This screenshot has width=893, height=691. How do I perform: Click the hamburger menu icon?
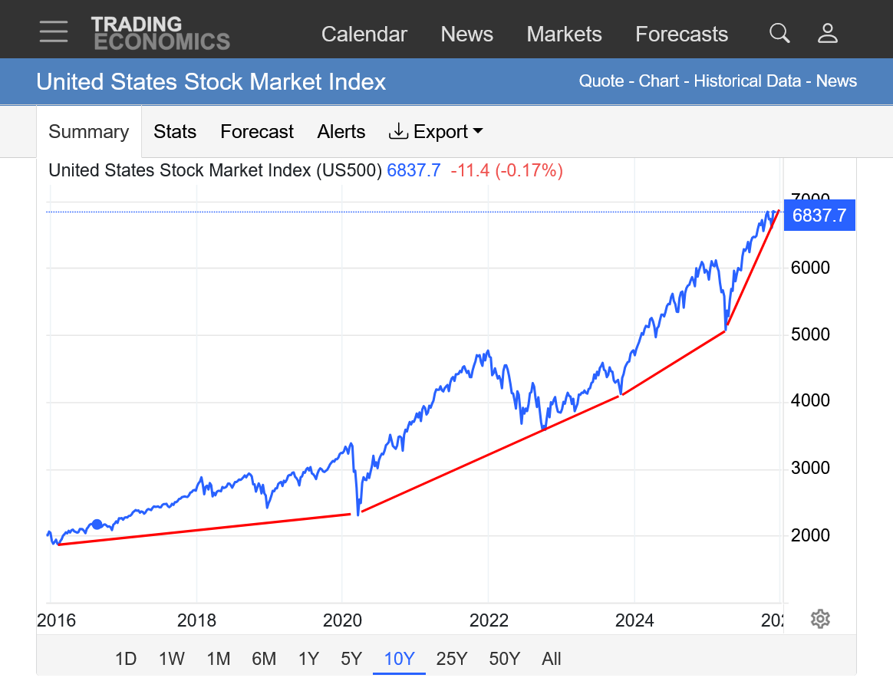pyautogui.click(x=54, y=32)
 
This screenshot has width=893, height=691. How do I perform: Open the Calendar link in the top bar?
pyautogui.click(x=364, y=35)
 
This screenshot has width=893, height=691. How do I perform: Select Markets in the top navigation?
pyautogui.click(x=564, y=35)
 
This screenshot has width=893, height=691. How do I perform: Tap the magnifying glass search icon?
pyautogui.click(x=779, y=33)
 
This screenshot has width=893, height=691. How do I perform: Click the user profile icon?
pyautogui.click(x=827, y=33)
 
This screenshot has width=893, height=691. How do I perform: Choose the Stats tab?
pyautogui.click(x=175, y=132)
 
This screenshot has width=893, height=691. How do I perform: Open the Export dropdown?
pyautogui.click(x=436, y=132)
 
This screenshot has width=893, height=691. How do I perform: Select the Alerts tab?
pyautogui.click(x=341, y=132)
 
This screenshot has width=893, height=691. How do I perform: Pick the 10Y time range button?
pyautogui.click(x=399, y=659)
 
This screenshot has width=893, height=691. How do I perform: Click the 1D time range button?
pyautogui.click(x=126, y=659)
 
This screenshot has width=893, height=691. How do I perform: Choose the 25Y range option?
pyautogui.click(x=451, y=659)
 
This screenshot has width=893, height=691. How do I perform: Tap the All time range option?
pyautogui.click(x=551, y=659)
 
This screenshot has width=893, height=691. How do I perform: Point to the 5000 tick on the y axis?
pyautogui.click(x=810, y=335)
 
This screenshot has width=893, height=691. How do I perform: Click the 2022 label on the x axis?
pyautogui.click(x=489, y=620)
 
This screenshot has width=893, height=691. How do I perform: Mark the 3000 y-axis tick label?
pyautogui.click(x=810, y=469)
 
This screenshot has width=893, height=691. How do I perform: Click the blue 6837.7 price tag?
pyautogui.click(x=819, y=216)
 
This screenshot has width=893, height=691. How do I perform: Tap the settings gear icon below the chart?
pyautogui.click(x=820, y=619)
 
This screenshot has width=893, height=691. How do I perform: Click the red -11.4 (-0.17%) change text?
pyautogui.click(x=506, y=170)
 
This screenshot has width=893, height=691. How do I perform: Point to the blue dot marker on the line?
pyautogui.click(x=97, y=525)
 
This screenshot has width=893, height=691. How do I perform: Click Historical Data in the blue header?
pyautogui.click(x=747, y=81)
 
